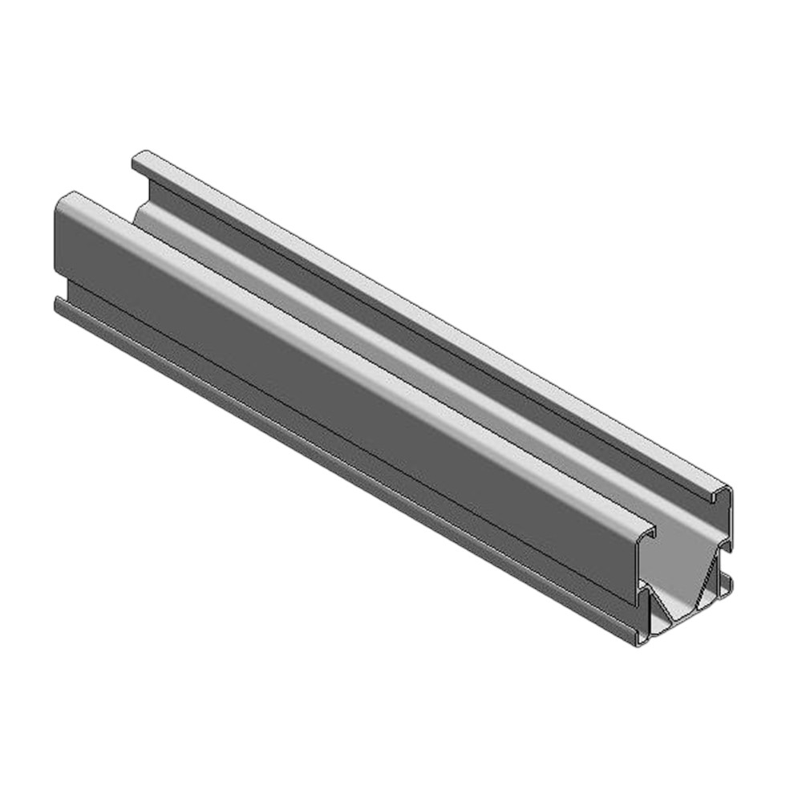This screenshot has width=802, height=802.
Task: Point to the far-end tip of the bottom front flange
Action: pyautogui.click(x=58, y=302)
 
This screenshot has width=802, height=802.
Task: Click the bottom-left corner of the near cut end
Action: pyautogui.click(x=639, y=642)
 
